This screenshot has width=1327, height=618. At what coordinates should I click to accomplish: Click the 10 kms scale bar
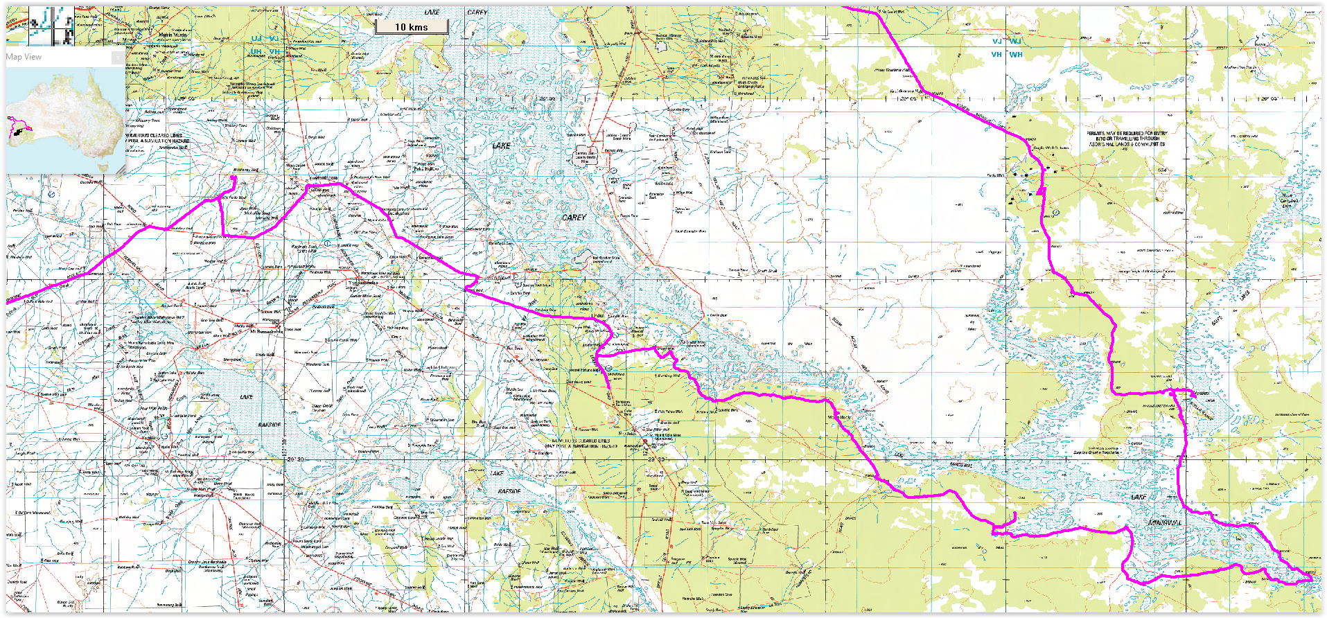(x=412, y=27)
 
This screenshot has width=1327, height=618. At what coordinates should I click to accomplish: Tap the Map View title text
(x=24, y=57)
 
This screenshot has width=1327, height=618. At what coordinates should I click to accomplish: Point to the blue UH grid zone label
(x=256, y=51)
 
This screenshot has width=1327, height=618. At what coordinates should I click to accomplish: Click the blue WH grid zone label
(x=1016, y=54)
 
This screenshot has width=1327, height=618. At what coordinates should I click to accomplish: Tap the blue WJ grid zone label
(x=1016, y=42)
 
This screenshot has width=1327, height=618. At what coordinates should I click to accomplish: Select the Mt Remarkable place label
(x=267, y=331)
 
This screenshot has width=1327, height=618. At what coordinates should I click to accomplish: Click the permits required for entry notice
(x=1126, y=139)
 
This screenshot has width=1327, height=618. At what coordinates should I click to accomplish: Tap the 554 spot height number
(x=1162, y=170)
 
